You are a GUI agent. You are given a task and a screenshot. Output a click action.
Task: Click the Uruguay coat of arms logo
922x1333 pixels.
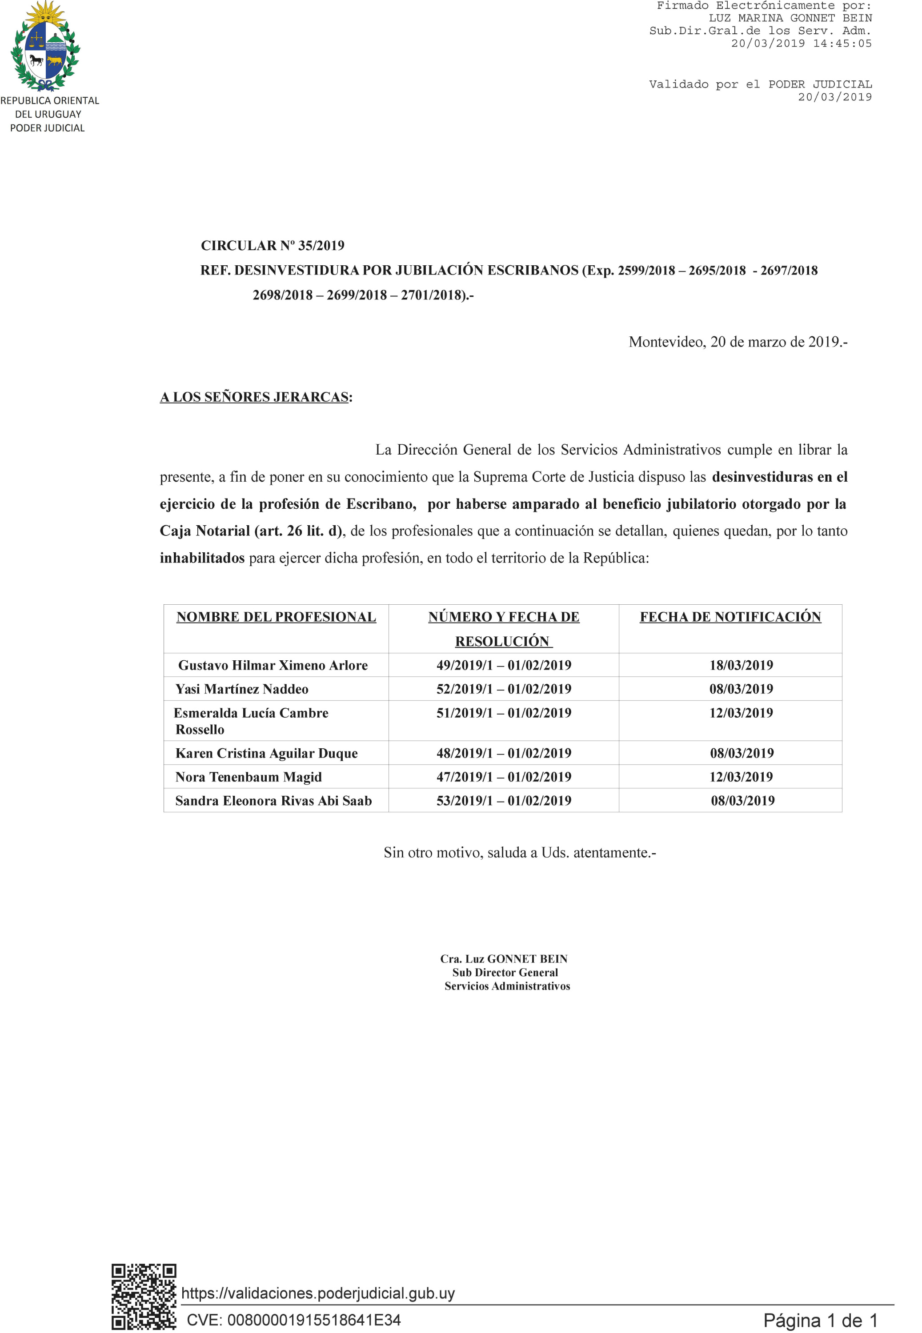pyautogui.click(x=46, y=46)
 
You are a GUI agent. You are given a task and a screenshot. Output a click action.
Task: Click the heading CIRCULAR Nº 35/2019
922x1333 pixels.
pyautogui.click(x=272, y=246)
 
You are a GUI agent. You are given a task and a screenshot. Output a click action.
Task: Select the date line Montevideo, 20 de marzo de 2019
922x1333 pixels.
pyautogui.click(x=737, y=342)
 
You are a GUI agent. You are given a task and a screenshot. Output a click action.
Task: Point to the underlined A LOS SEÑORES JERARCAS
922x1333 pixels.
pyautogui.click(x=254, y=397)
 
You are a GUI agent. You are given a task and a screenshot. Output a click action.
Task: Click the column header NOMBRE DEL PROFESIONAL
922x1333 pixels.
pyautogui.click(x=276, y=617)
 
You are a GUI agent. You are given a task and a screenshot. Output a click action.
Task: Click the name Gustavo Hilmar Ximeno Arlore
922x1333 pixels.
pyautogui.click(x=273, y=665)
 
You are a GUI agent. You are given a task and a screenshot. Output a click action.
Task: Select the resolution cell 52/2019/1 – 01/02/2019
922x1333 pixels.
pyautogui.click(x=503, y=689)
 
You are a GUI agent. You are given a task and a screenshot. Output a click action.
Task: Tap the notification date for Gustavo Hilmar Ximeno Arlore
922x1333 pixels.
pyautogui.click(x=741, y=665)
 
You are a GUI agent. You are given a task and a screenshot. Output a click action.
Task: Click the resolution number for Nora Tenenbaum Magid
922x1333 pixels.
pyautogui.click(x=503, y=777)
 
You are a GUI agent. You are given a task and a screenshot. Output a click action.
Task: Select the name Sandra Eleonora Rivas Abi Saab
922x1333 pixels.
pyautogui.click(x=273, y=800)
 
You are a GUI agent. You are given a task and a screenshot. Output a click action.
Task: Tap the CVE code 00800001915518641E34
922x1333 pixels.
pyautogui.click(x=293, y=1320)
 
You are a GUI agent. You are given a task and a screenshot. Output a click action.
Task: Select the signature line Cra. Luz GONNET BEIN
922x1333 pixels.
pyautogui.click(x=504, y=958)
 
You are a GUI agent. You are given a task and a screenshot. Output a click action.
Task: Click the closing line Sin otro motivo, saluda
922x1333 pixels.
pyautogui.click(x=519, y=852)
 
